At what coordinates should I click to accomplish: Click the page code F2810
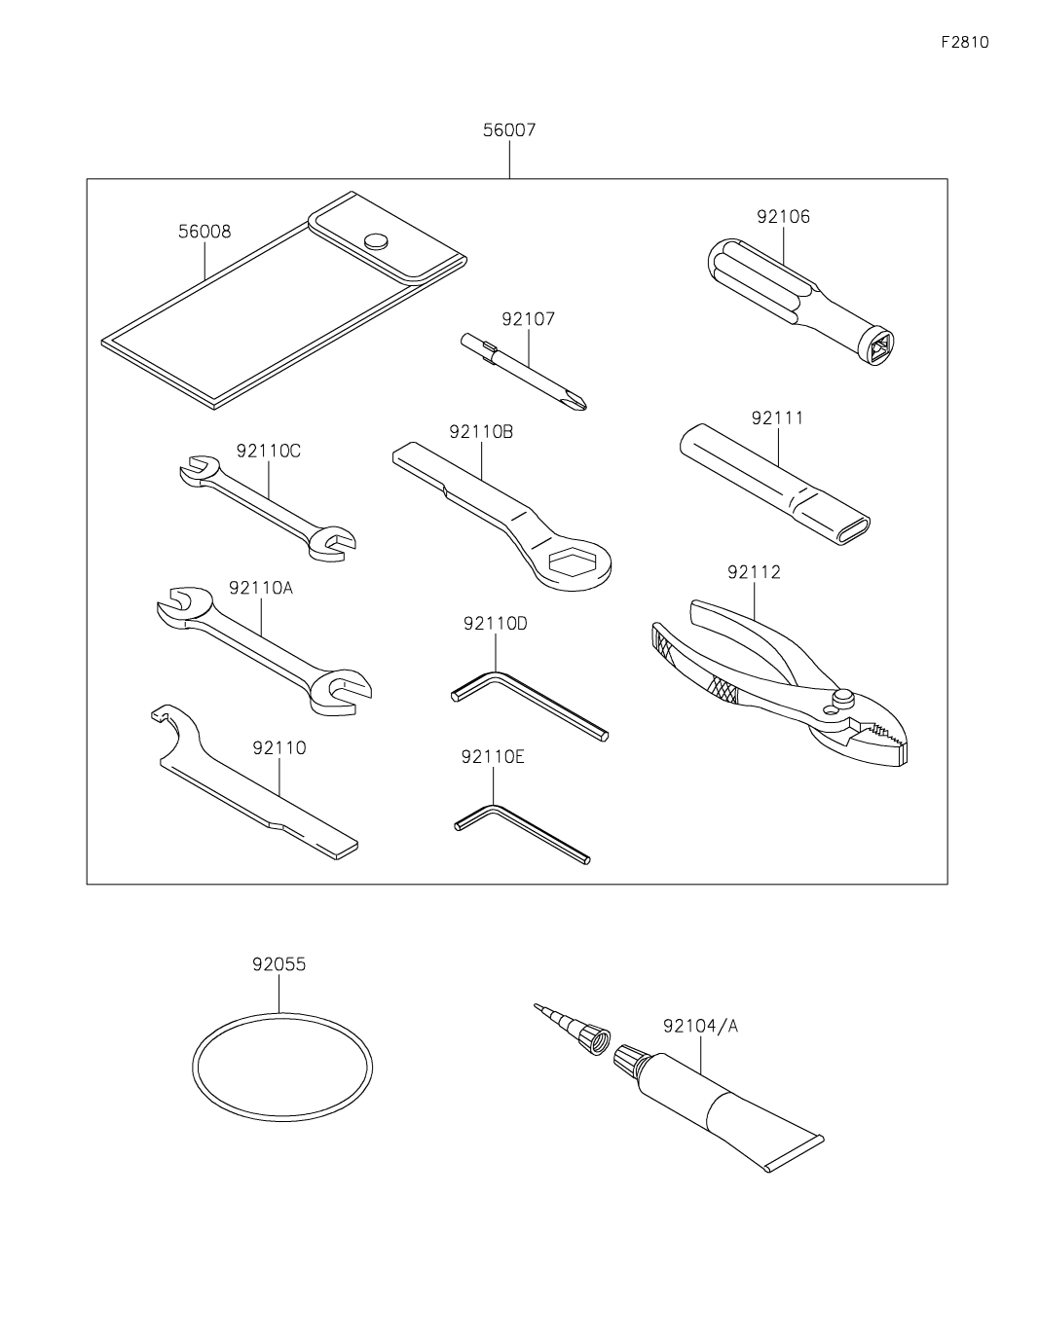tap(964, 43)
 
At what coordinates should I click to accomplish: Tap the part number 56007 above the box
tap(508, 130)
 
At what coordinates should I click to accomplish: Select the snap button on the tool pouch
tap(375, 239)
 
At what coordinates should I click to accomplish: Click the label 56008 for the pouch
tap(204, 232)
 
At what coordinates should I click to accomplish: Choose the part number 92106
tap(783, 217)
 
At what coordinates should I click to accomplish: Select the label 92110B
tap(481, 431)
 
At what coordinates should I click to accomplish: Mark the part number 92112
tap(754, 572)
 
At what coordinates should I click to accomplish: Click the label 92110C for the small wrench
tap(268, 451)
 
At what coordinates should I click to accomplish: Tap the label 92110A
tap(261, 588)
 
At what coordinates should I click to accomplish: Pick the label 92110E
tap(493, 755)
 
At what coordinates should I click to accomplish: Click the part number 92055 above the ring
tap(278, 964)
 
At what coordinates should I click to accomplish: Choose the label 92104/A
tap(701, 1026)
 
